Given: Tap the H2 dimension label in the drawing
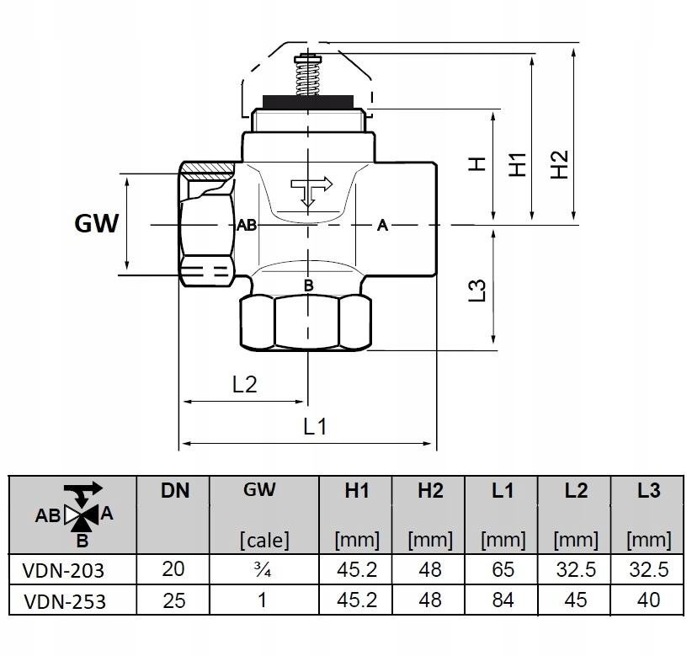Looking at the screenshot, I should click(561, 163).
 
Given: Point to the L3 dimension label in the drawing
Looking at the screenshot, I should click(477, 289).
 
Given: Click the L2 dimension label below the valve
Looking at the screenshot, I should click(244, 385).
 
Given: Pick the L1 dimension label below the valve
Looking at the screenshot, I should click(314, 426).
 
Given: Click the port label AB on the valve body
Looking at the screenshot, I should click(246, 226).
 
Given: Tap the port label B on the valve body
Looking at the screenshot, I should click(308, 286).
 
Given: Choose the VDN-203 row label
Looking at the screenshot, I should click(66, 570).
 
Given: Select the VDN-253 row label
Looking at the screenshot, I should click(66, 600).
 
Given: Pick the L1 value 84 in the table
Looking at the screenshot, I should click(502, 600).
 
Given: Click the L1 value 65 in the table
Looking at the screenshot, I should click(502, 570).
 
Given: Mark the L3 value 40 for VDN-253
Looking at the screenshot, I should click(648, 600).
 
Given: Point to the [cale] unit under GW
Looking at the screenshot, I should click(264, 539).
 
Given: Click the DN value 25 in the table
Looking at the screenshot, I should click(173, 600).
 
